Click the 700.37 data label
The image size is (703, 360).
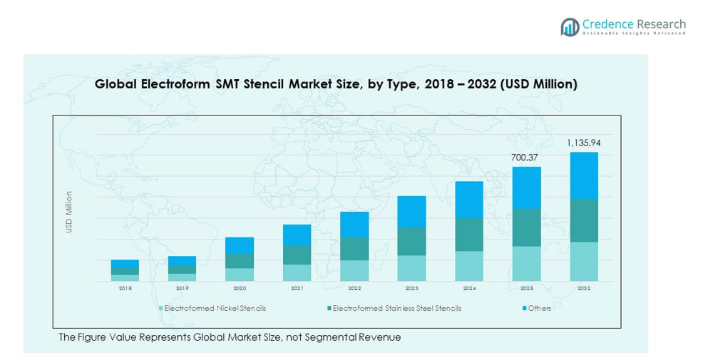pyautogui.click(x=526, y=156)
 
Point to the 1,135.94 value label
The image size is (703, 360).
pyautogui.click(x=583, y=143)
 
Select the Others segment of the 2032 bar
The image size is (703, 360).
pyautogui.click(x=583, y=175)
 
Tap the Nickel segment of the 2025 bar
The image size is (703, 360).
pyautogui.click(x=526, y=263)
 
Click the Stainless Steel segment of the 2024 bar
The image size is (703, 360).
pyautogui.click(x=469, y=235)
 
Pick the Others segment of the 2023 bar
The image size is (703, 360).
pyautogui.click(x=411, y=212)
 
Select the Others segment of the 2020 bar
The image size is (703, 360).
pyautogui.click(x=240, y=245)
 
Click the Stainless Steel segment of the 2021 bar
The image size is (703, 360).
pyautogui.click(x=297, y=254)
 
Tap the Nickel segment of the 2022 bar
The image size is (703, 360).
pyautogui.click(x=354, y=270)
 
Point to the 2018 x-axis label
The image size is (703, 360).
pyautogui.click(x=125, y=289)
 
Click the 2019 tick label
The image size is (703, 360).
pyautogui.click(x=183, y=289)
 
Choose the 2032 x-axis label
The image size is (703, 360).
pyautogui.click(x=583, y=289)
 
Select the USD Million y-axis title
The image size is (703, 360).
pyautogui.click(x=69, y=211)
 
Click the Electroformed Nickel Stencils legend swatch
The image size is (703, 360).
pyautogui.click(x=160, y=309)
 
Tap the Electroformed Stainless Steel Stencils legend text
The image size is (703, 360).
pyautogui.click(x=396, y=309)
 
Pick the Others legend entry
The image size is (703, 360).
pyautogui.click(x=539, y=309)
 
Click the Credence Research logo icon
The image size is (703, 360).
pyautogui.click(x=570, y=27)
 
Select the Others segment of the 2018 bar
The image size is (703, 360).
pyautogui.click(x=125, y=264)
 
